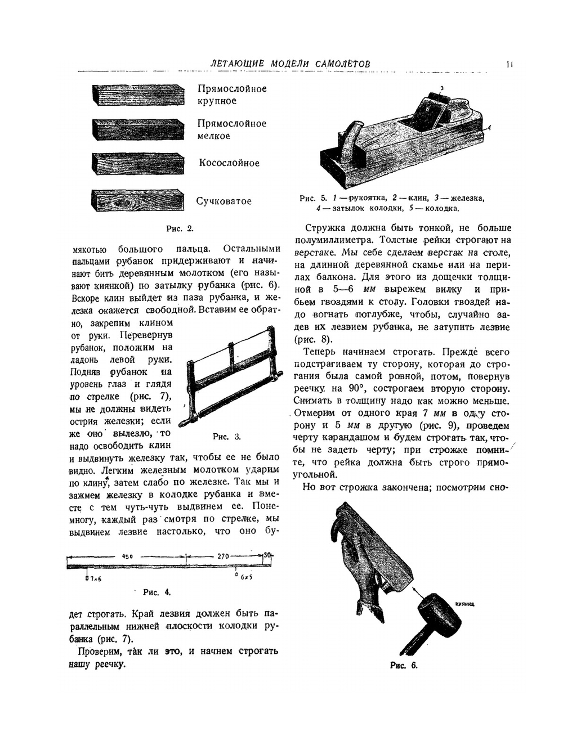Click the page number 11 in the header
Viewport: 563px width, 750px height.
[509, 64]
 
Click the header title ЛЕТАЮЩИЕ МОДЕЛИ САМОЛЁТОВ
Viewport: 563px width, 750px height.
[291, 64]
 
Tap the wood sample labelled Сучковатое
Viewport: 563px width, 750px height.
[137, 201]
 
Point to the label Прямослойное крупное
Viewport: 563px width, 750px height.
[231, 95]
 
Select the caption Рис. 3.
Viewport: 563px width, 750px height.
[227, 437]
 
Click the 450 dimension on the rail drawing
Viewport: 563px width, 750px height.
[127, 556]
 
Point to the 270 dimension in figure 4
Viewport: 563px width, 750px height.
[223, 556]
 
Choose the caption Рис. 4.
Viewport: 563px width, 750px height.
[157, 592]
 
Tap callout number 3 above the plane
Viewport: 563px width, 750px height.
[442, 88]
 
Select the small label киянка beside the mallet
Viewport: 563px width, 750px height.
[464, 604]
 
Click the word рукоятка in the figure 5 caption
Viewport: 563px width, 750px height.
[367, 198]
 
